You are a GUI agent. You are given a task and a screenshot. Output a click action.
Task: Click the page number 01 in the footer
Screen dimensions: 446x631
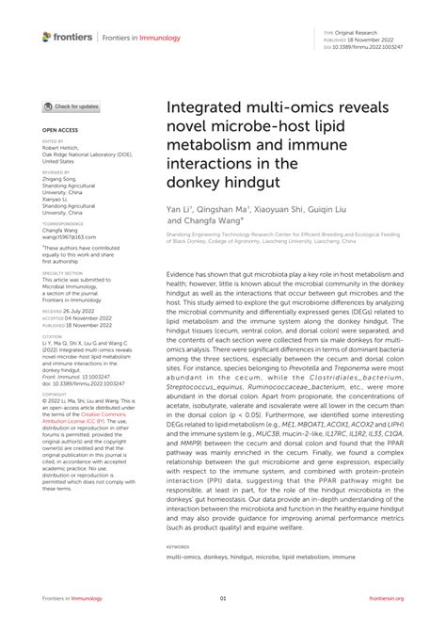pyautogui.click(x=223, y=599)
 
